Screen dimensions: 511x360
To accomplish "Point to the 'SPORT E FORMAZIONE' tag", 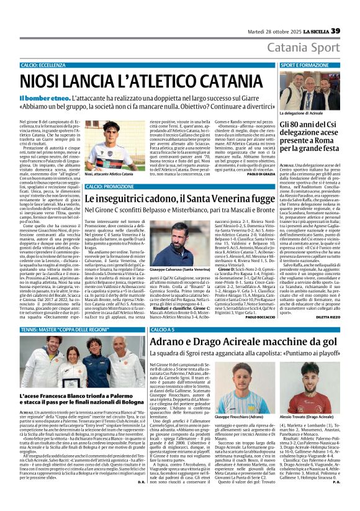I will click(x=304, y=65).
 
